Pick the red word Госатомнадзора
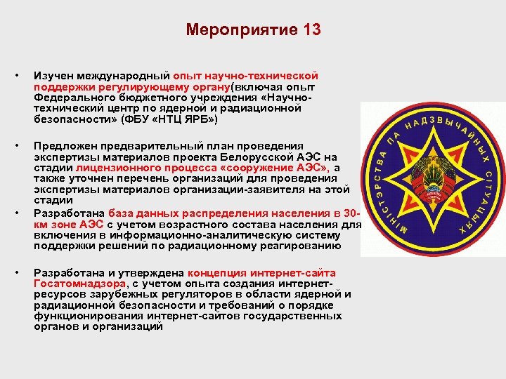point(77,283)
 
